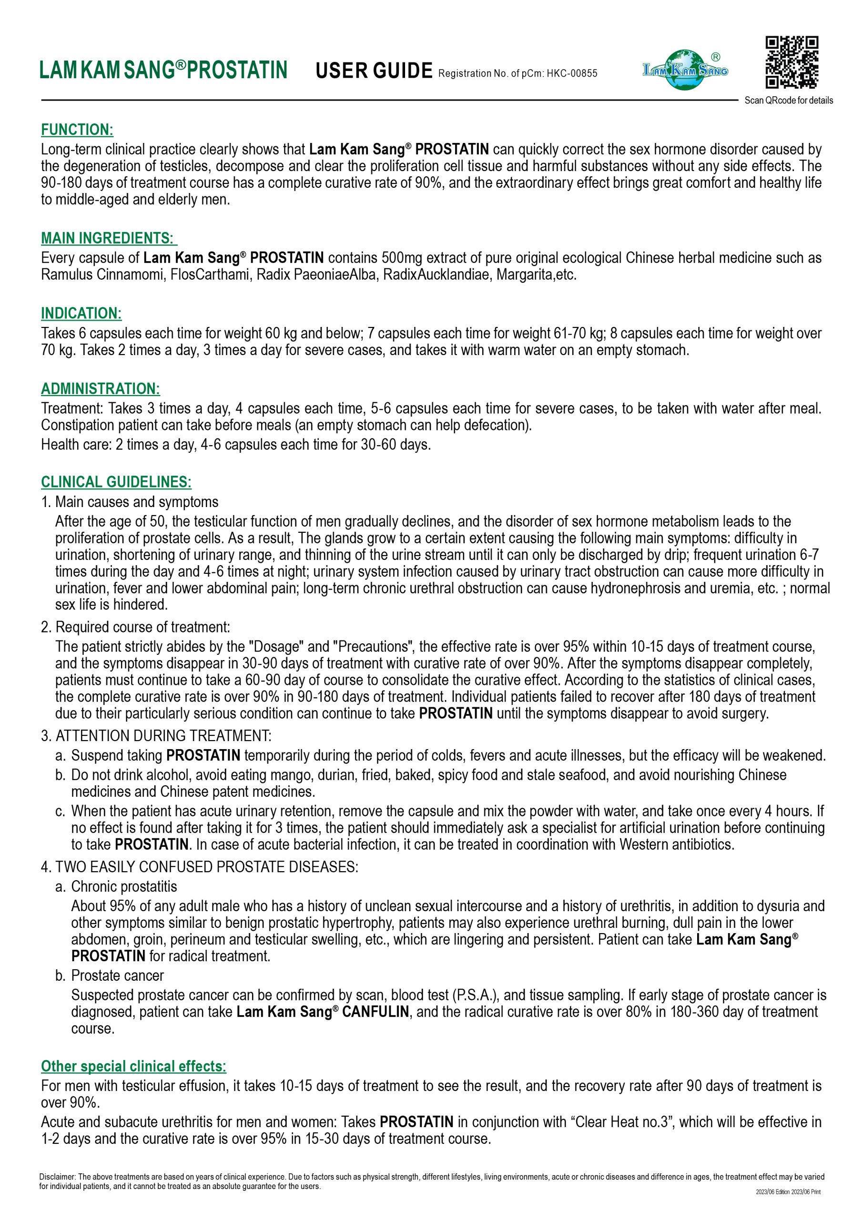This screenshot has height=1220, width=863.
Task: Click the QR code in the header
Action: tap(791, 62)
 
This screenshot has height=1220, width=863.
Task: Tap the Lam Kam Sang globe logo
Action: tap(686, 70)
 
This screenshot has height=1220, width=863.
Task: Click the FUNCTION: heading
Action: tap(77, 130)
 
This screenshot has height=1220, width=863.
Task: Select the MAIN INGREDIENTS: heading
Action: tap(109, 238)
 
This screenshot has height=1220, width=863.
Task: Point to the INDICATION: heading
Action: tap(81, 313)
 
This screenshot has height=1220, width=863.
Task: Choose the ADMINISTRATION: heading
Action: tap(101, 388)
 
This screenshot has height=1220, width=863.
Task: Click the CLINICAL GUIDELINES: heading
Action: tap(116, 482)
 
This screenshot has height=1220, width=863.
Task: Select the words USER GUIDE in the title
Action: tap(374, 71)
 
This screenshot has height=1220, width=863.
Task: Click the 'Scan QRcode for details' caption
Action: tap(789, 101)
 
